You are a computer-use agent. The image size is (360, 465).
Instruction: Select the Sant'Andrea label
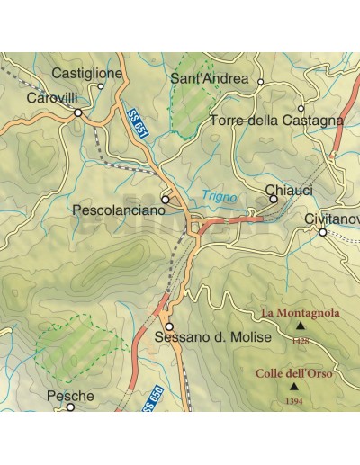tap(209, 78)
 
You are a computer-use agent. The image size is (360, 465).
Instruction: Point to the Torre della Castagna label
tap(276, 120)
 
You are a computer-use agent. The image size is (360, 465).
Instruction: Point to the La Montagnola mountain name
tap(301, 313)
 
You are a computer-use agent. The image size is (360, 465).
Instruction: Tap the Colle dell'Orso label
tap(292, 373)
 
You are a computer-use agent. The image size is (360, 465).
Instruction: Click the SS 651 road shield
tap(135, 123)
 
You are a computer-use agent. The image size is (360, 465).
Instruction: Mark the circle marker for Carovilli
tap(78, 112)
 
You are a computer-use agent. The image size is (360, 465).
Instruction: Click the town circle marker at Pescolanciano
tap(165, 199)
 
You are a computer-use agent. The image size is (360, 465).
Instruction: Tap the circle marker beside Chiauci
tap(273, 199)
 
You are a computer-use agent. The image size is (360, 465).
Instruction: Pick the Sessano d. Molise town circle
tap(168, 326)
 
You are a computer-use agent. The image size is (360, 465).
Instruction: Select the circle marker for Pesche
tap(70, 407)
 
